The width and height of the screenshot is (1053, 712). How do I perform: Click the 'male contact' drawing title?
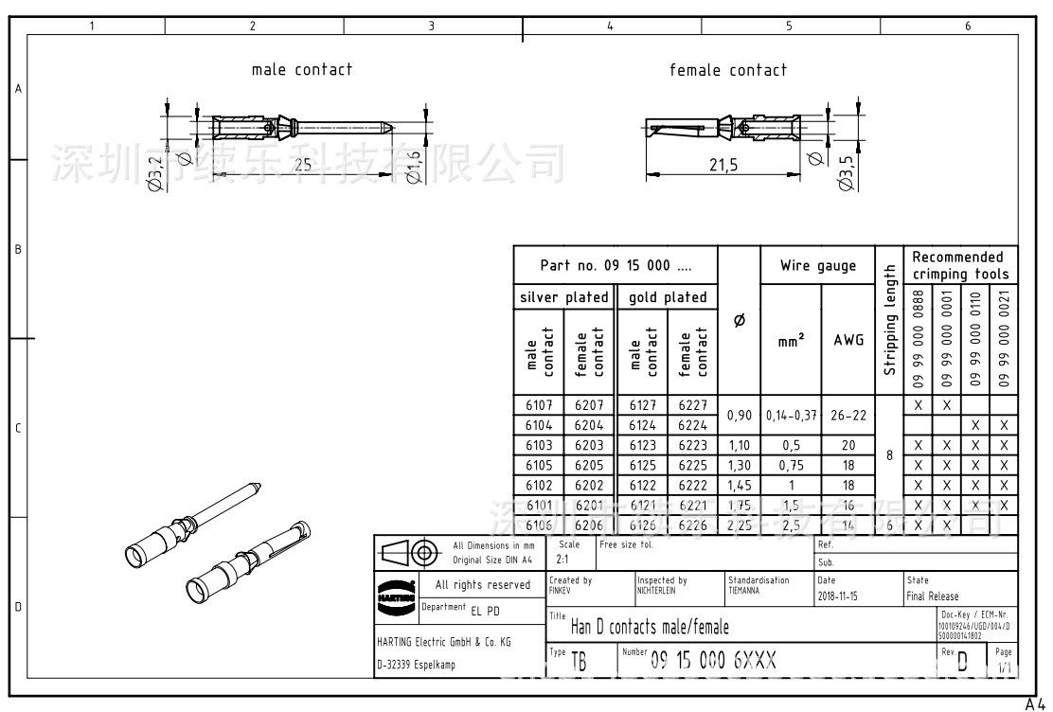(301, 69)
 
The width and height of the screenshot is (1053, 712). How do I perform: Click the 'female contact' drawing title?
(727, 70)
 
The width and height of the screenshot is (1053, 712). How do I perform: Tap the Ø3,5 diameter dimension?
(847, 172)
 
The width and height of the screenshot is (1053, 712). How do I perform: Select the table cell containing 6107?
(539, 405)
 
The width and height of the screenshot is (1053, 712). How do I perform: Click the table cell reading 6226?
(692, 525)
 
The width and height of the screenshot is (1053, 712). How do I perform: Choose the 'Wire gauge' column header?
(817, 266)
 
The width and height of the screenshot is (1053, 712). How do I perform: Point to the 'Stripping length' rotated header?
(889, 319)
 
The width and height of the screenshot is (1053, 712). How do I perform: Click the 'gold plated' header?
(669, 297)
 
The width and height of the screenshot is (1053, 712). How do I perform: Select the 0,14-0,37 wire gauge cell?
(791, 416)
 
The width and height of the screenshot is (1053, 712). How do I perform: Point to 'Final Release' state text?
(933, 596)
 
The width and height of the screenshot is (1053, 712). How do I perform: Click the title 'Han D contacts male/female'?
(650, 627)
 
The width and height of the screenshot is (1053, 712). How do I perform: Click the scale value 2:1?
(562, 560)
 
